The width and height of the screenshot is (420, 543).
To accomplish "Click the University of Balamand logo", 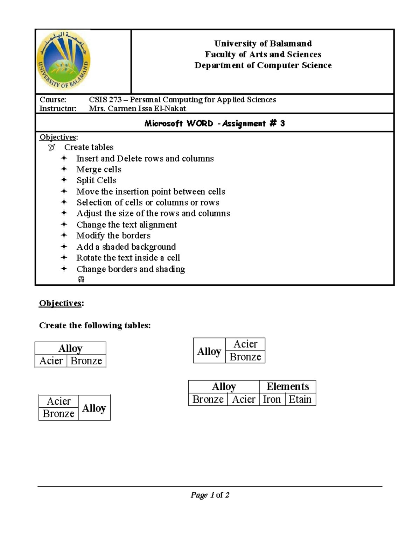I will (64, 60).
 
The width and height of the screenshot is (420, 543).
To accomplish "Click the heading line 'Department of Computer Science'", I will (263, 65).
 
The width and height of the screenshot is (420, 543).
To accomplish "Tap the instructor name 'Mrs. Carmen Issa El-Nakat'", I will (137, 108).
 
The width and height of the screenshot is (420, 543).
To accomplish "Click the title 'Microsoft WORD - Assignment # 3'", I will (215, 123).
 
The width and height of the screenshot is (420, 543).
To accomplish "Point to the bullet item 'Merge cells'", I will (99, 170).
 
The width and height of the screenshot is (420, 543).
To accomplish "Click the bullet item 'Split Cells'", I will (96, 180).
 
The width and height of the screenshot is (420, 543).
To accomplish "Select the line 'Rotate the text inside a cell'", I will (128, 258).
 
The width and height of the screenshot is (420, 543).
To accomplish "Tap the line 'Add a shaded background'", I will (126, 247).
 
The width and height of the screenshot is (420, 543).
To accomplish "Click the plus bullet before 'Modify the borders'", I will (64, 235).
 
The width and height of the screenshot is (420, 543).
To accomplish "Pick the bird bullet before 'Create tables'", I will (52, 148).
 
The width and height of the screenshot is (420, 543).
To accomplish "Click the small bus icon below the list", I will (81, 279).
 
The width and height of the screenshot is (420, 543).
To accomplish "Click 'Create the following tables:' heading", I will (95, 326).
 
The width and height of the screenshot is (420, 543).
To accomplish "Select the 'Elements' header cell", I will (288, 386).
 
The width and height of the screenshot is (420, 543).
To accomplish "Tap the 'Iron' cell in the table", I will (272, 399).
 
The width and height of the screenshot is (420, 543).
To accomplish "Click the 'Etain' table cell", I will (300, 399).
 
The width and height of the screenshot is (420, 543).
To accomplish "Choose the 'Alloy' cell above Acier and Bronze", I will (70, 349).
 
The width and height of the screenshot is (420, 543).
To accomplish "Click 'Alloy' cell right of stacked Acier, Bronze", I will (94, 408).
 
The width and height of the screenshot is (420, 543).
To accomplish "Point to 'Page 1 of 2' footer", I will (210, 495).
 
